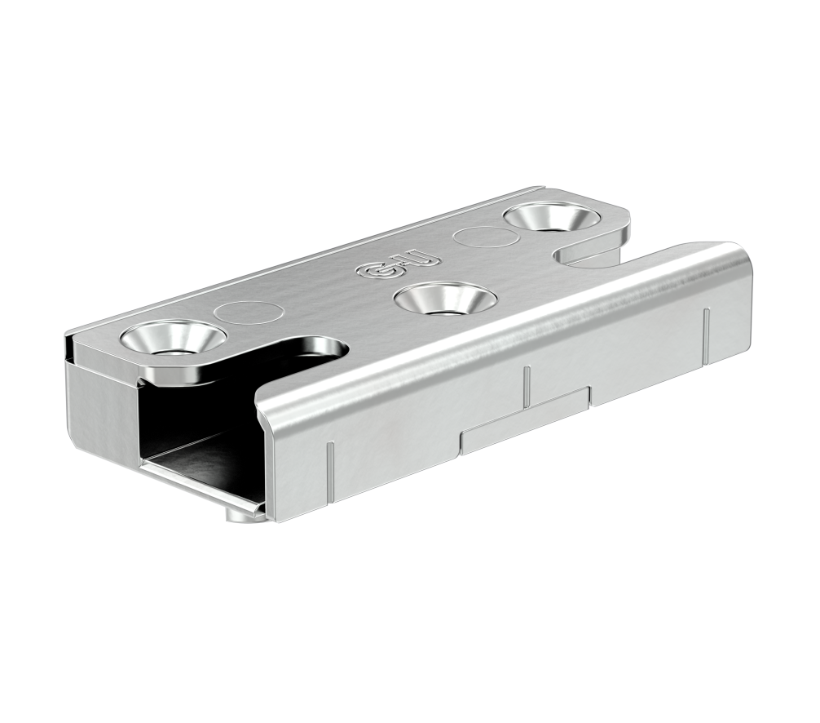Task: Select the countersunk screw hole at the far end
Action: (550, 218)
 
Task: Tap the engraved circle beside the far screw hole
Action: (484, 239)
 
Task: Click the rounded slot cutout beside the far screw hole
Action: (587, 253)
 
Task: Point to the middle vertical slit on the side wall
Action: (527, 385)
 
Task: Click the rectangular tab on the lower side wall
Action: (525, 420)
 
